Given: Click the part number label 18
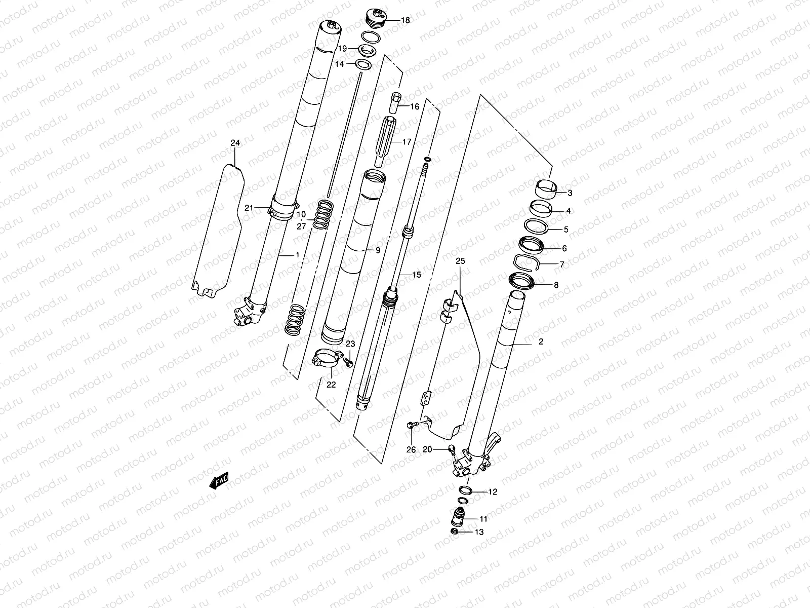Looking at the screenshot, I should point(406,20).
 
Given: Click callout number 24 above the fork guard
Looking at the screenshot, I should point(235,143).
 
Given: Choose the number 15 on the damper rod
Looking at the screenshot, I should point(417,275).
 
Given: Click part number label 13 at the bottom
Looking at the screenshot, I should point(478,532).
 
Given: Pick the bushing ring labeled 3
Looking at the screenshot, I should point(546,191).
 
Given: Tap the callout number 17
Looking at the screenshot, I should point(407,142).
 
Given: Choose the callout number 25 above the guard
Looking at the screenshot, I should point(460,261).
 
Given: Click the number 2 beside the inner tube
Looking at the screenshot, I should point(541,342).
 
